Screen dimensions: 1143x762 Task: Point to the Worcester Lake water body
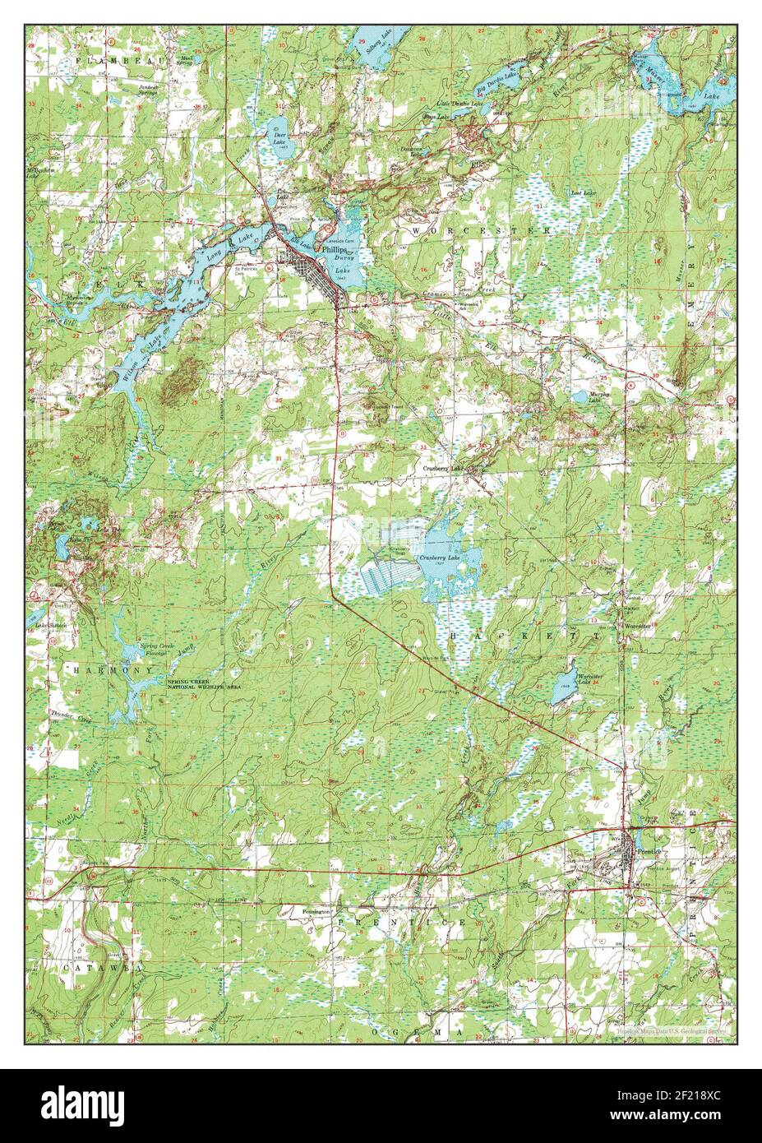pos(563,685)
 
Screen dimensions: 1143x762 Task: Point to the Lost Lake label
pos(584,193)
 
